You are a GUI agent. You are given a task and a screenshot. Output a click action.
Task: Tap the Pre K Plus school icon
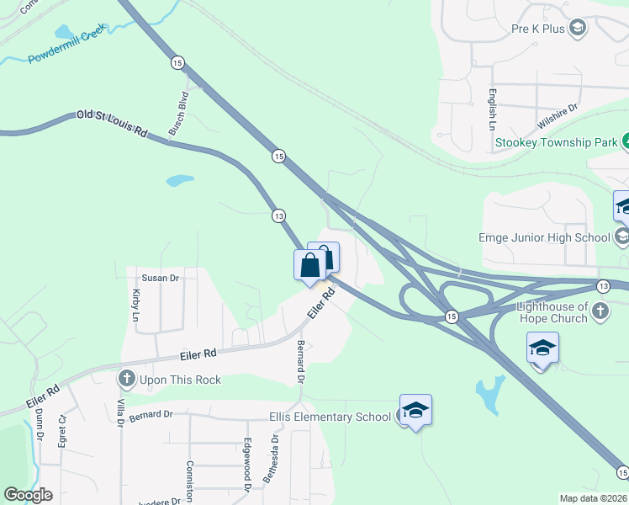(578, 29)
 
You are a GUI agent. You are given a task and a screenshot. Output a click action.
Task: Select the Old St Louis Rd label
(112, 123)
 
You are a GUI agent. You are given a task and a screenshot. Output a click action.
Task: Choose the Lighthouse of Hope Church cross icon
(600, 311)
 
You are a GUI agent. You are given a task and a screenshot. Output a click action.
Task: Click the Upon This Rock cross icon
(128, 380)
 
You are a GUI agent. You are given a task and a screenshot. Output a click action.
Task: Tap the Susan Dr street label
(161, 278)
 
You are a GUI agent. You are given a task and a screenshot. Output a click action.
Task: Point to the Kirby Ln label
(136, 306)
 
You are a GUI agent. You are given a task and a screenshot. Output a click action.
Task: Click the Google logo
(29, 495)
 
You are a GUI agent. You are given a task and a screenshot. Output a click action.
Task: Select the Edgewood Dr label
(247, 465)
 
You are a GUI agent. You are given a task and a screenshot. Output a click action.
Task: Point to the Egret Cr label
(61, 429)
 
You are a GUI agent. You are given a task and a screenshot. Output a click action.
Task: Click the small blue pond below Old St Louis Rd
(179, 180)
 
